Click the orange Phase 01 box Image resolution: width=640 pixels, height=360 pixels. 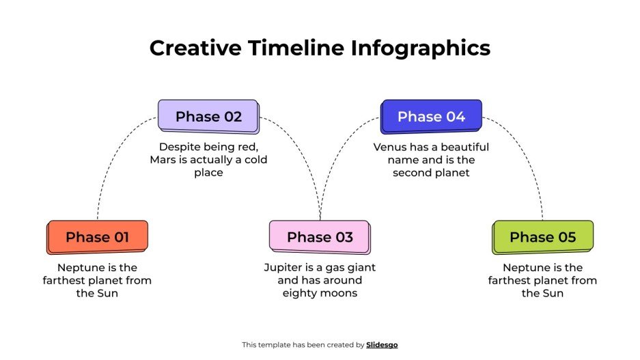(x=97, y=237)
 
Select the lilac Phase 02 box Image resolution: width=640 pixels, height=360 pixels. (x=208, y=116)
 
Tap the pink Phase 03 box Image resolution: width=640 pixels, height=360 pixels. (x=320, y=237)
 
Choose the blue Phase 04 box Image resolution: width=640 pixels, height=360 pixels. (x=431, y=116)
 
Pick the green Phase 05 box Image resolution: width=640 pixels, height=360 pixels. (x=542, y=237)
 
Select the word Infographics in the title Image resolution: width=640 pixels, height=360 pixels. (x=421, y=49)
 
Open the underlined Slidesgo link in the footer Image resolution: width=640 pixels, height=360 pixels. (x=382, y=345)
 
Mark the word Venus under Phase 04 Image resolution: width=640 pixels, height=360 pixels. (x=389, y=147)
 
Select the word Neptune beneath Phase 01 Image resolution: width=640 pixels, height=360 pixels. (x=81, y=267)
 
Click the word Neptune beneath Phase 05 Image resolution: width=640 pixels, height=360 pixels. (x=526, y=267)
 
